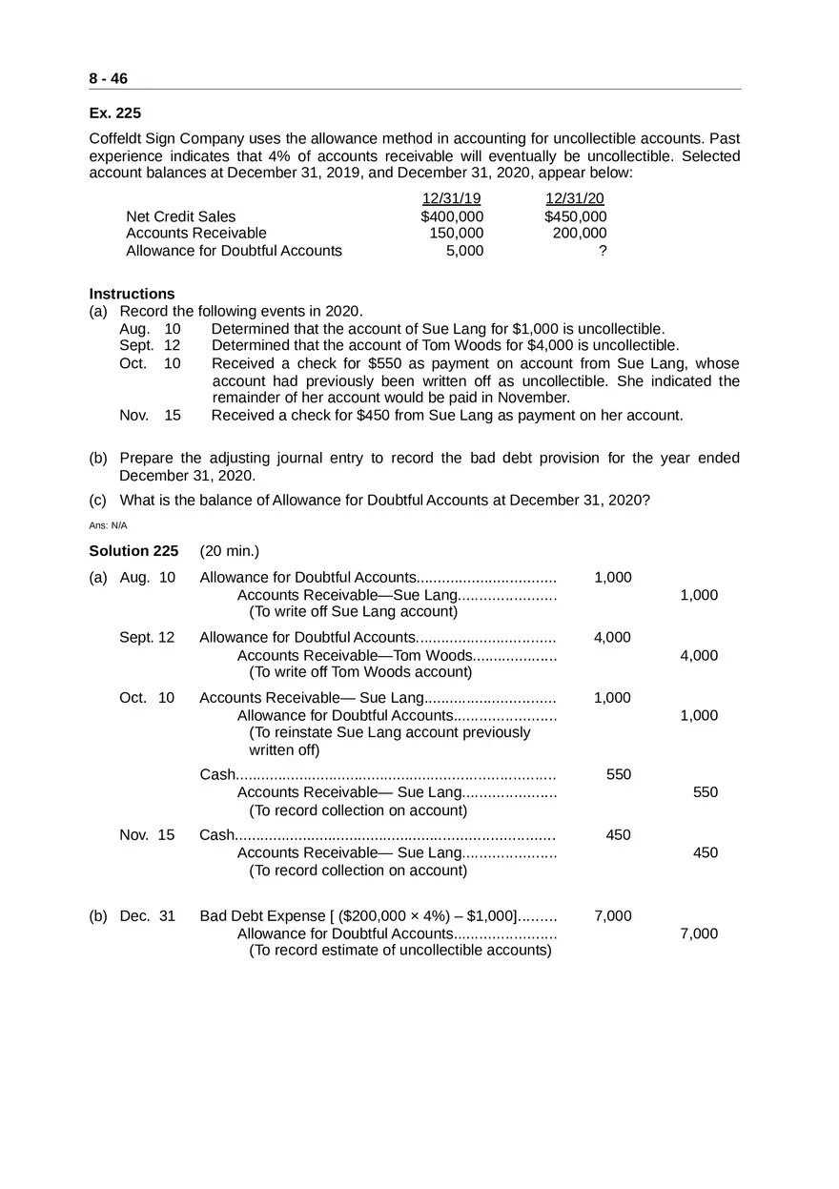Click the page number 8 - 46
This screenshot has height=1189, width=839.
108,78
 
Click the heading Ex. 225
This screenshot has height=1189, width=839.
114,113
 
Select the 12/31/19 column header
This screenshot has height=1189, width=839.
451,198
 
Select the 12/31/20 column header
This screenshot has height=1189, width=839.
574,198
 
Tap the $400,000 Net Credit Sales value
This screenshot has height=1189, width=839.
452,216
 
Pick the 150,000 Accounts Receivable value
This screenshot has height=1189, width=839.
456,234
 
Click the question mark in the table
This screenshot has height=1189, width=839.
602,251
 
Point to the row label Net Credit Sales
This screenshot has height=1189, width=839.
180,216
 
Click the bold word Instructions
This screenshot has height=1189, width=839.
132,294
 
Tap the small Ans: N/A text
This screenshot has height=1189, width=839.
108,525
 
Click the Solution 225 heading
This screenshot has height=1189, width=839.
133,551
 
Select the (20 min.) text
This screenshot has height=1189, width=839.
230,551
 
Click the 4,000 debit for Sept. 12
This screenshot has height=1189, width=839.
612,637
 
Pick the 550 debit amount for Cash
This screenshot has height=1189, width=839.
619,774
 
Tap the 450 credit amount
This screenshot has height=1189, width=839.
706,852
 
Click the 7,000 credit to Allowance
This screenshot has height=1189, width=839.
699,933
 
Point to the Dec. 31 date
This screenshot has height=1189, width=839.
147,915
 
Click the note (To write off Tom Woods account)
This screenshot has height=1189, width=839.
360,671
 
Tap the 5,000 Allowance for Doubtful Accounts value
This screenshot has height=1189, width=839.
464,251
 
